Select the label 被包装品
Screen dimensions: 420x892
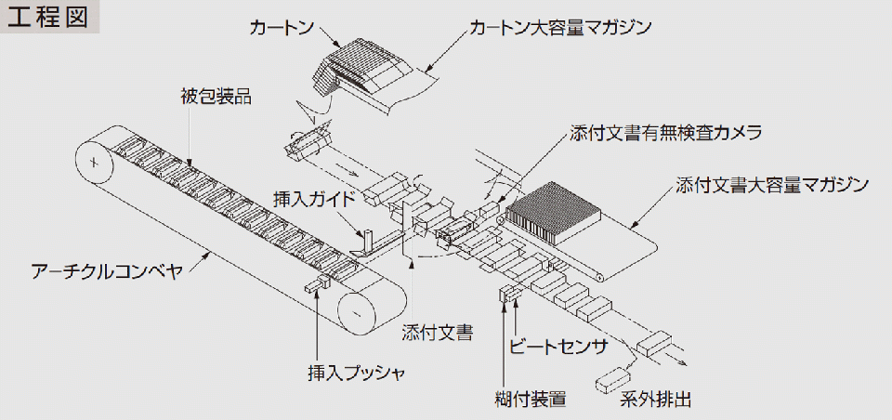point(216,95)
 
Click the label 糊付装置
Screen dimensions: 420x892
point(531,400)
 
